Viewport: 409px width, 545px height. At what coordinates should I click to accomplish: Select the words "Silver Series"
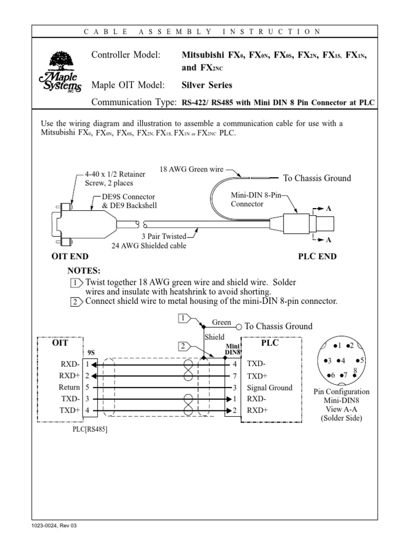point(207,85)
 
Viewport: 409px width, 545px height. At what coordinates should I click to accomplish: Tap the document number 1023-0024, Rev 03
point(54,526)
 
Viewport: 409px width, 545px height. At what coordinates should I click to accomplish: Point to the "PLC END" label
point(317,257)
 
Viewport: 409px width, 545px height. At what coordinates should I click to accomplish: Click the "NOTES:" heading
point(84,271)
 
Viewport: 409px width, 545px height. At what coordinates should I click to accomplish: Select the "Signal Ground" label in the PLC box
point(269,387)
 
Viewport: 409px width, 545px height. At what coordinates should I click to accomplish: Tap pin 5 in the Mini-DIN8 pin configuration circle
point(361,360)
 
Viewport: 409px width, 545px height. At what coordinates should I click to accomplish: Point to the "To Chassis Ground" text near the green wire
point(317,178)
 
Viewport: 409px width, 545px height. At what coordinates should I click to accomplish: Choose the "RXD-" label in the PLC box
point(256,399)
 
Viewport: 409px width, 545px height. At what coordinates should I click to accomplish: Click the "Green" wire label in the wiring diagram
point(222,323)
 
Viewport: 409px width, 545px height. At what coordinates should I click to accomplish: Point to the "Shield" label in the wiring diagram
point(215,337)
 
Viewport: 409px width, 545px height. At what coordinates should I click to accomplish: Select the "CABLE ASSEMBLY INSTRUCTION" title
point(202,31)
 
